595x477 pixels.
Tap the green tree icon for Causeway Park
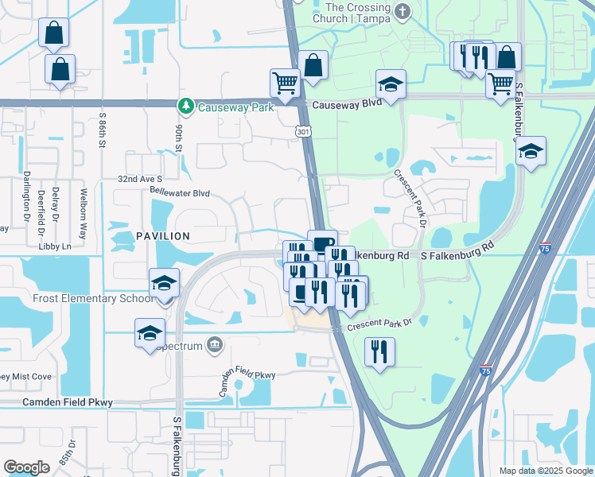[185, 106]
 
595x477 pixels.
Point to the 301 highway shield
[303, 130]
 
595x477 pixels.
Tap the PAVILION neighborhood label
[162, 236]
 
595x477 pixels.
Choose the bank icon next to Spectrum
[214, 344]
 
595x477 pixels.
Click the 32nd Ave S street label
[140, 180]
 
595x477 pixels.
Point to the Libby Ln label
[55, 246]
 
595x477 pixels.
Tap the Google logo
[27, 467]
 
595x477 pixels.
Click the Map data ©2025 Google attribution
[545, 471]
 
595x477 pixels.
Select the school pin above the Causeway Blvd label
[391, 84]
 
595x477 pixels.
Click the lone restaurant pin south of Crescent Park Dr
[379, 351]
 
